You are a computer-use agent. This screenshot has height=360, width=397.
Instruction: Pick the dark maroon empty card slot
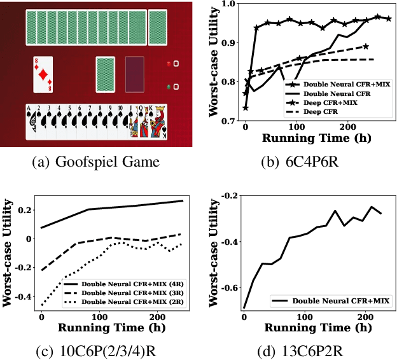click(x=135, y=75)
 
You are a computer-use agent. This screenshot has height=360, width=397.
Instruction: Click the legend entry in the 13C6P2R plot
click(x=340, y=300)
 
